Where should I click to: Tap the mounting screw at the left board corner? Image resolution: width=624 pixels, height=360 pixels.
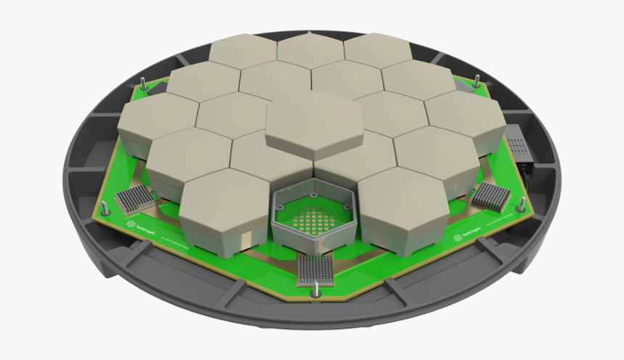(106, 208)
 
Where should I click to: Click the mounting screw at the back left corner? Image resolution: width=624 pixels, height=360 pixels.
(144, 83)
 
